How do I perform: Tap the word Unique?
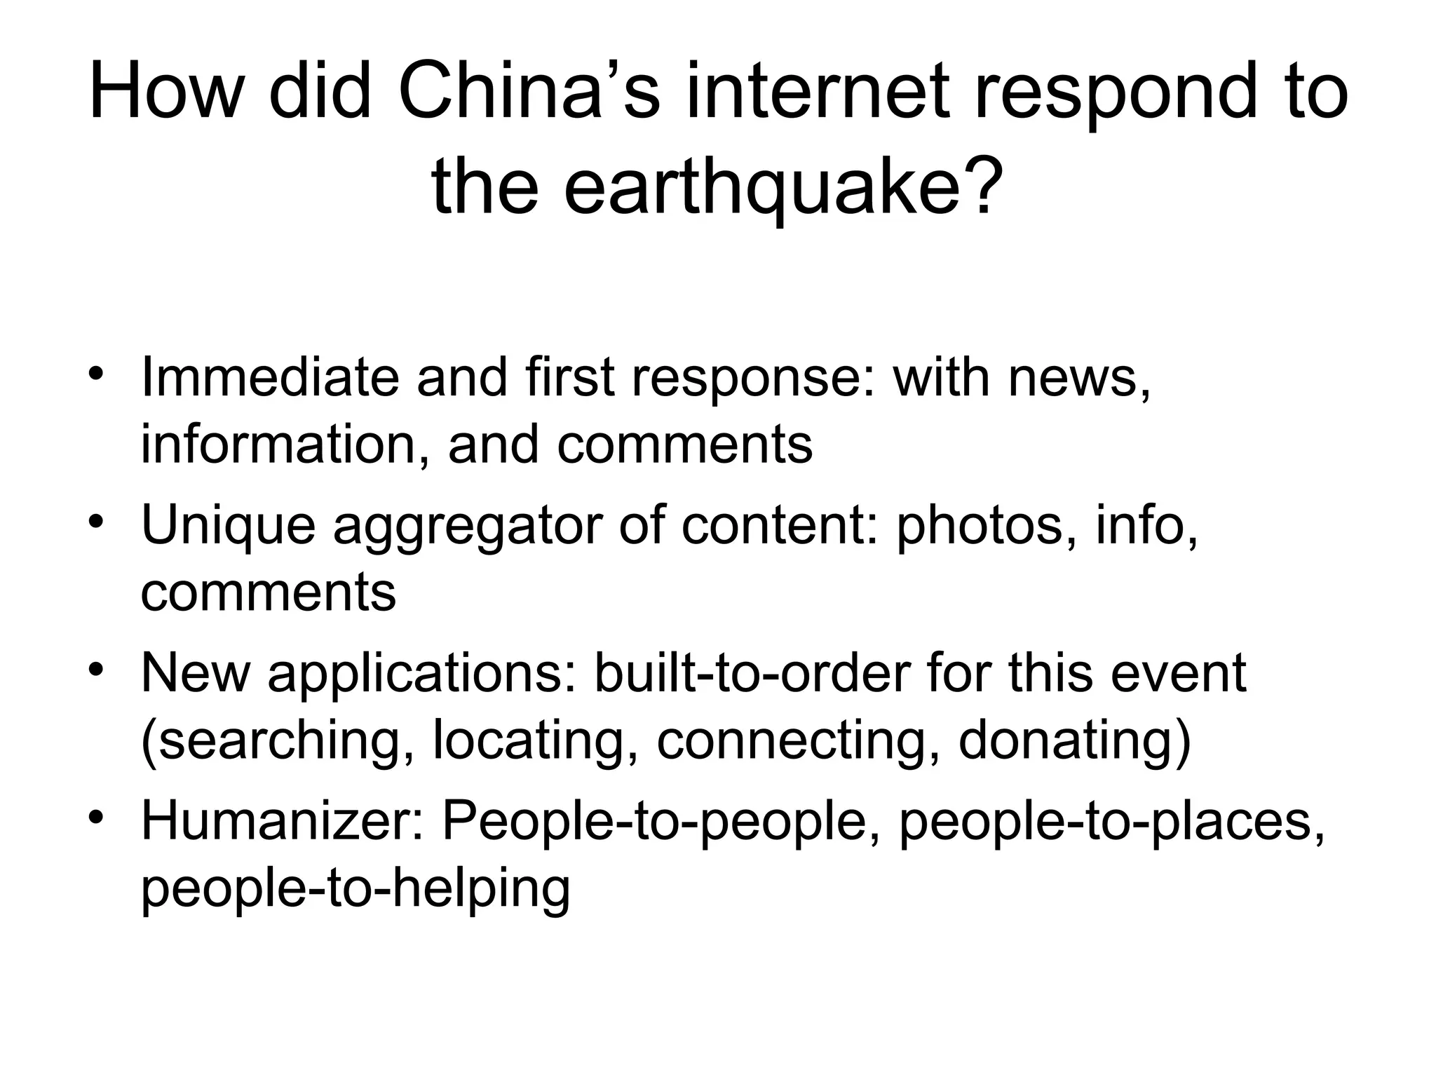click(x=228, y=526)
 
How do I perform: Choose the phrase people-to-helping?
click(x=355, y=889)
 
